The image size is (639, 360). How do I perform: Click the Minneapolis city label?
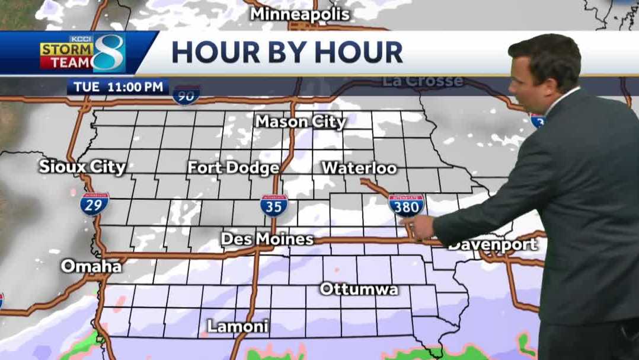point(300,14)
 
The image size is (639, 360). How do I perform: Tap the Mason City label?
point(301,122)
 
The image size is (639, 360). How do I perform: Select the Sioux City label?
point(82,167)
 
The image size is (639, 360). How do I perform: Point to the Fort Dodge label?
point(233,168)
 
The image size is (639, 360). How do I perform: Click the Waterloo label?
point(359,168)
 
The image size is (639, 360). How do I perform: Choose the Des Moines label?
point(267,239)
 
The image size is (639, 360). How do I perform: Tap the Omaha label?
point(91,266)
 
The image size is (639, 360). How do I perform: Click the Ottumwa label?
point(359,289)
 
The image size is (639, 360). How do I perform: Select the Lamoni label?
point(238,326)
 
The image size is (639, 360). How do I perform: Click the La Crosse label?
point(421,81)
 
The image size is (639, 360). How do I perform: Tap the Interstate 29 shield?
point(95,203)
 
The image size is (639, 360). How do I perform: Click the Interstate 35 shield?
point(274,205)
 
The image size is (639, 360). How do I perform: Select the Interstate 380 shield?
point(407,205)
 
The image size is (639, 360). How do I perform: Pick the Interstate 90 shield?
point(186,95)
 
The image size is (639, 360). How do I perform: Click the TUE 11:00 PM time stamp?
point(118,87)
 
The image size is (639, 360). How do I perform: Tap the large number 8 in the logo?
point(109,53)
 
